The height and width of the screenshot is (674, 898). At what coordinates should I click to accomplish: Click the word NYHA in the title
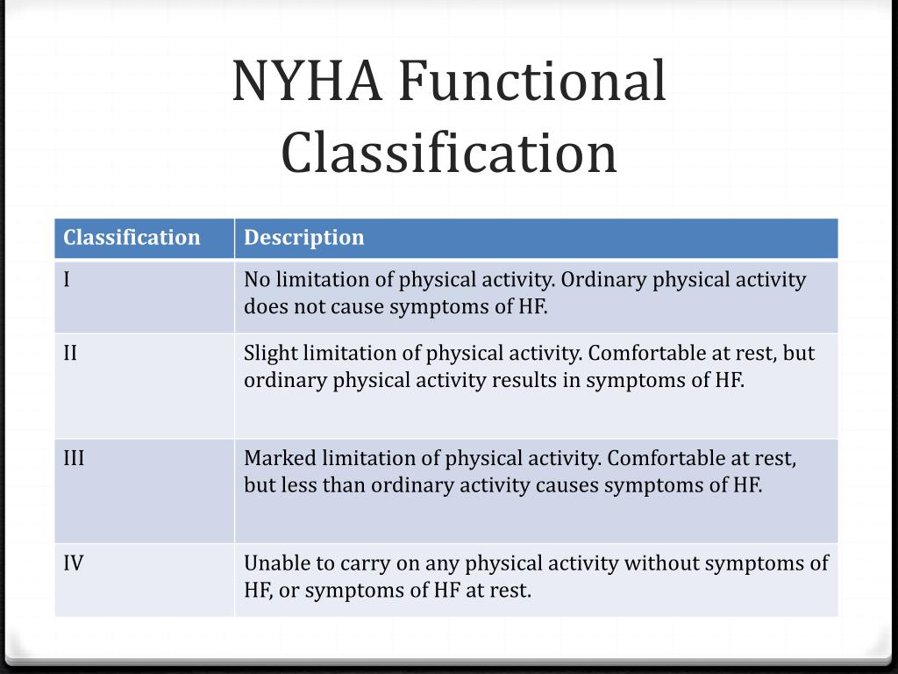tap(307, 82)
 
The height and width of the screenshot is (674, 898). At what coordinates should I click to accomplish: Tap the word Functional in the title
tap(532, 82)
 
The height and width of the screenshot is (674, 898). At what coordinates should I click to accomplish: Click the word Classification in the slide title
tap(449, 152)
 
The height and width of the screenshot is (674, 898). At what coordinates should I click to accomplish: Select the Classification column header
tap(132, 238)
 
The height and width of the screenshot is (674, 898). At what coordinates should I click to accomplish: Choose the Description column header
tap(303, 238)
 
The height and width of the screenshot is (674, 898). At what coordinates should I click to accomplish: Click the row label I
tap(67, 280)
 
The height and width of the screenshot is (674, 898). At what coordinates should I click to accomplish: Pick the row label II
tap(70, 353)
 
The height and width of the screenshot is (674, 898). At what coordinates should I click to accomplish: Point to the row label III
tap(74, 458)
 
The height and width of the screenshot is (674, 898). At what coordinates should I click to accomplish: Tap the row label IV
tap(74, 563)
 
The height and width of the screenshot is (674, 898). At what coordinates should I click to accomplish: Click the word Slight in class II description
tap(271, 353)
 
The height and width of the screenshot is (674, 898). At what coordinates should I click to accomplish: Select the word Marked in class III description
tap(280, 458)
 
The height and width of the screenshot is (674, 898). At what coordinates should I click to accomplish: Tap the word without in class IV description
tap(658, 563)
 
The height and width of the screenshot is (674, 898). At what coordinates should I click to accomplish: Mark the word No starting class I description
tap(257, 280)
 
